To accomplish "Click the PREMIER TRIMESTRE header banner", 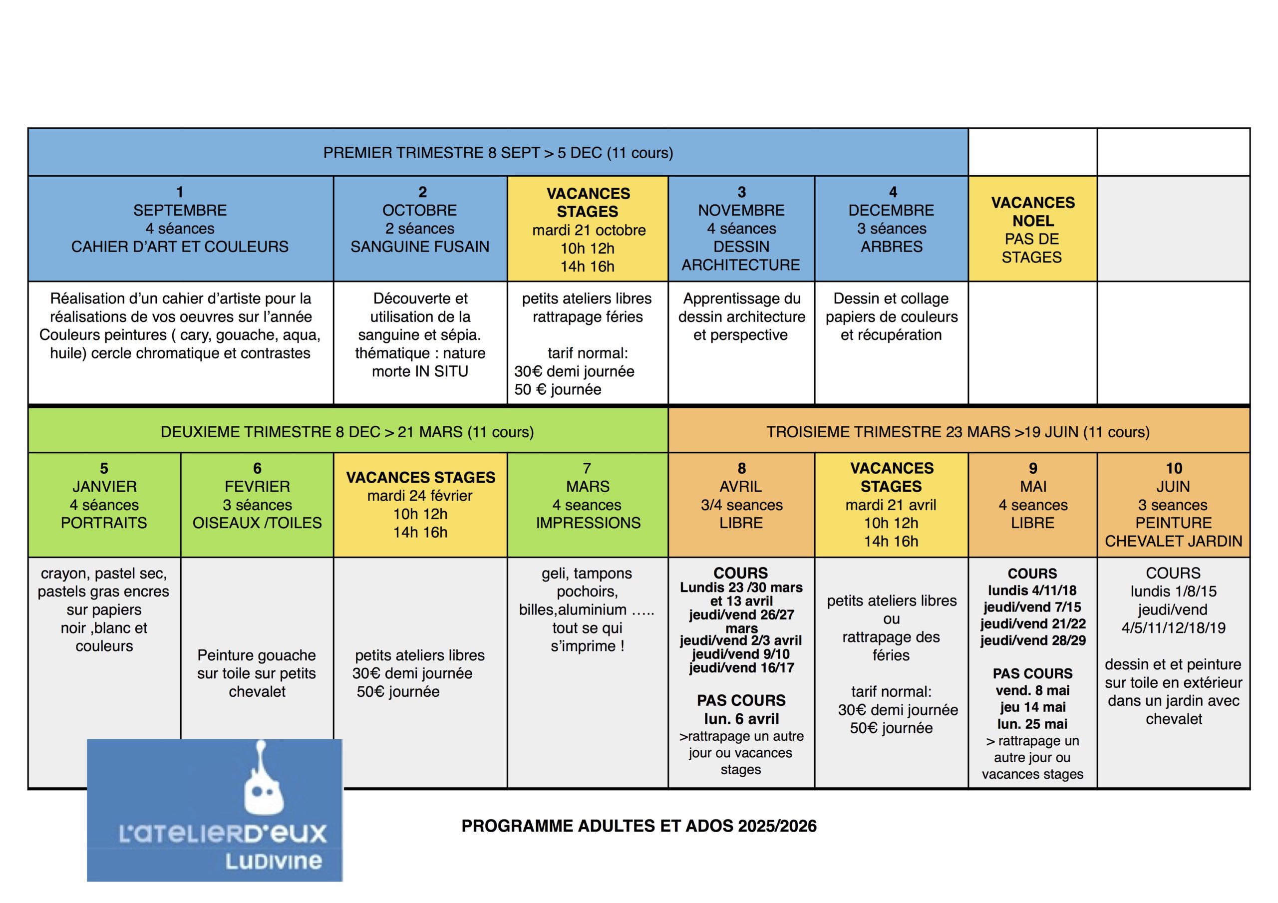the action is pyautogui.click(x=498, y=152).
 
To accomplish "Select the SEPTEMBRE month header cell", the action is pyautogui.click(x=180, y=228).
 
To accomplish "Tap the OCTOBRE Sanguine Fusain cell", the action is pyautogui.click(x=420, y=228).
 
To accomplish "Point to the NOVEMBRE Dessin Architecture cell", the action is pyautogui.click(x=741, y=228).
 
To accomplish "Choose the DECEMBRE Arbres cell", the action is pyautogui.click(x=891, y=228).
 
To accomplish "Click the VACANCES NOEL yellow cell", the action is pyautogui.click(x=1032, y=229).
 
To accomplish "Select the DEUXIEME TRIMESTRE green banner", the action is pyautogui.click(x=348, y=431).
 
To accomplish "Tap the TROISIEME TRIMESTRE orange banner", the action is pyautogui.click(x=958, y=431).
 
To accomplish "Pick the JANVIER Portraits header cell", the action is pyautogui.click(x=104, y=504).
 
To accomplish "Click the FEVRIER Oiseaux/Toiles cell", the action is pyautogui.click(x=257, y=504).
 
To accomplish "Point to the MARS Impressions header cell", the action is pyautogui.click(x=588, y=504).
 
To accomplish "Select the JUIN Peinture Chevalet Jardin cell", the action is pyautogui.click(x=1173, y=504).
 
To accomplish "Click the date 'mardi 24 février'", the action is pyautogui.click(x=420, y=496).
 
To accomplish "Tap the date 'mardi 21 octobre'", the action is pyautogui.click(x=589, y=230).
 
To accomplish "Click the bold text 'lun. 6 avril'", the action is pyautogui.click(x=741, y=719).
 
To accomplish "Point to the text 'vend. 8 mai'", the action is pyautogui.click(x=1032, y=690).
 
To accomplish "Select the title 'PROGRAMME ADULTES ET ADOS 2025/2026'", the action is pyautogui.click(x=639, y=826).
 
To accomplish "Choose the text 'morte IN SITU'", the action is pyautogui.click(x=420, y=371).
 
